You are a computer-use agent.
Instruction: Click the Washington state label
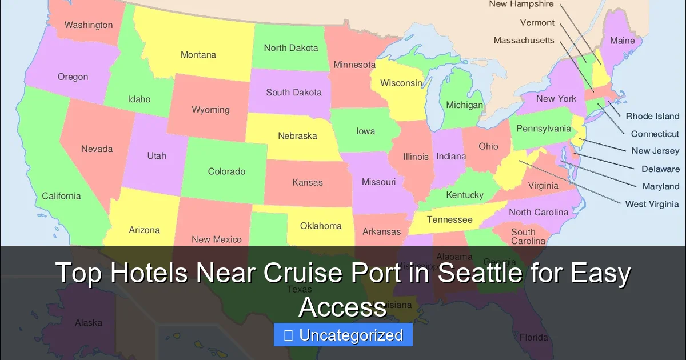click(89, 25)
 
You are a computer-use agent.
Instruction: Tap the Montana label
click(198, 55)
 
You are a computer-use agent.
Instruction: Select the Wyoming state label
click(210, 110)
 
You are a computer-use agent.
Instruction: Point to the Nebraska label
click(297, 136)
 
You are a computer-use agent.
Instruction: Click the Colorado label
click(226, 171)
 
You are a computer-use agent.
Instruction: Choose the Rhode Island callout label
click(652, 116)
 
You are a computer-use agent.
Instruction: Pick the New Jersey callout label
click(655, 151)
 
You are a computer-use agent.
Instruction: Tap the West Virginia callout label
click(652, 204)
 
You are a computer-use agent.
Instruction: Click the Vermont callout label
click(537, 23)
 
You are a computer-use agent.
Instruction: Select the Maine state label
click(622, 41)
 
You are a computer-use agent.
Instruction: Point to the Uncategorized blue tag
click(343, 335)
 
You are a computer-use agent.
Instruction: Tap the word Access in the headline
click(342, 307)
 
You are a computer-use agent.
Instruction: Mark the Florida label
click(533, 337)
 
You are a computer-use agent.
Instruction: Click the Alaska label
click(89, 323)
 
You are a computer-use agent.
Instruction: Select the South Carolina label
click(528, 237)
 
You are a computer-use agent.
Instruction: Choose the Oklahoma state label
click(321, 226)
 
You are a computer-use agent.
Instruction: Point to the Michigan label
click(464, 105)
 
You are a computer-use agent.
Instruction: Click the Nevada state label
click(97, 149)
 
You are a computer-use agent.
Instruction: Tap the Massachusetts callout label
click(524, 41)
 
